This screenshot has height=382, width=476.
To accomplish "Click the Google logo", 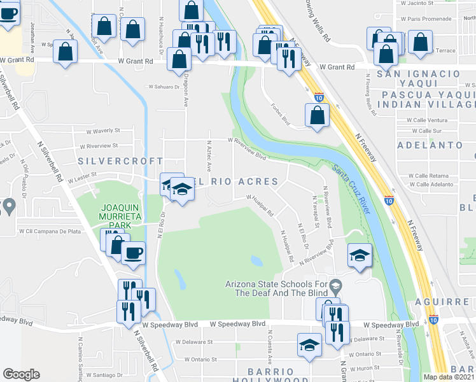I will tap(22, 374).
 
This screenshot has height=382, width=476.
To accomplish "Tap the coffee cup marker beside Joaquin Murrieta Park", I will tap(134, 253).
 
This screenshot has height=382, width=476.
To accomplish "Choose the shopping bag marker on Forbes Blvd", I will tap(317, 116).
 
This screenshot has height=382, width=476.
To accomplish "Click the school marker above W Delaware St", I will tap(309, 345).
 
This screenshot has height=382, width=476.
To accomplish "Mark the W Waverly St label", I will tap(103, 131).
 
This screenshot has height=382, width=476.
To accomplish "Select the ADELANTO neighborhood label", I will tap(430, 145).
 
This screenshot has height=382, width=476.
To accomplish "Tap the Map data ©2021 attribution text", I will tap(449, 377).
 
